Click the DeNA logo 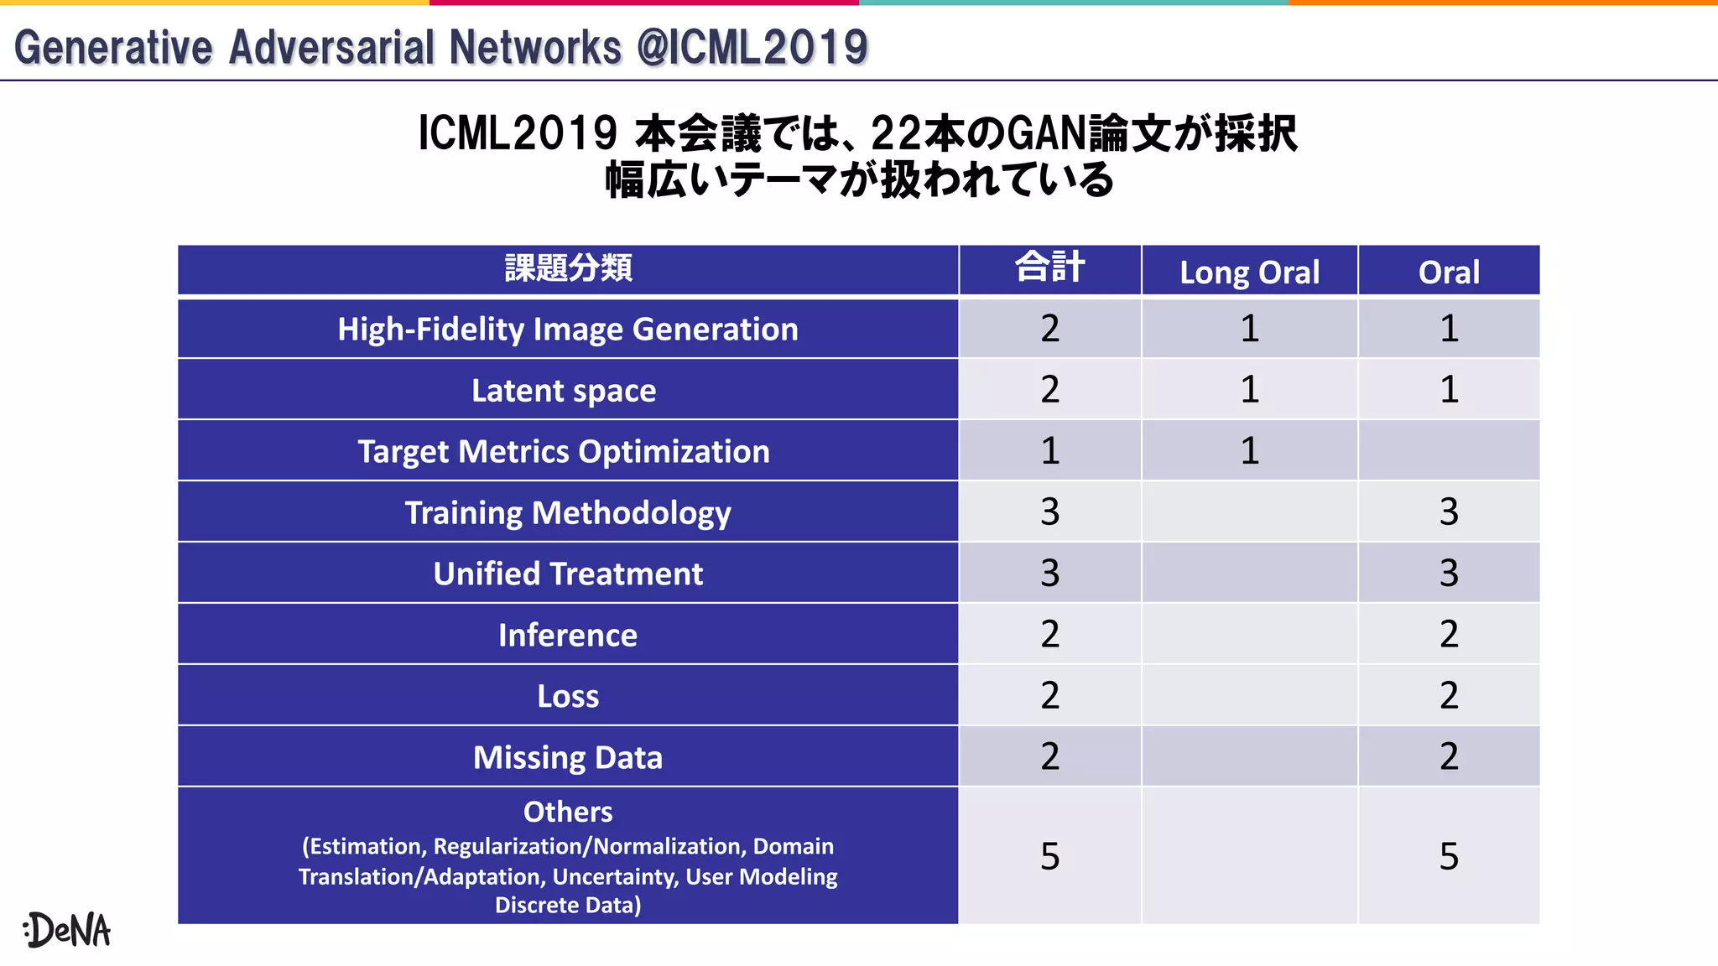pos(67,930)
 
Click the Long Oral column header pos(1249,273)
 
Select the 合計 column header pos(1049,268)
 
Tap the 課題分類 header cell pos(568,268)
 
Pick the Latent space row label pos(564,391)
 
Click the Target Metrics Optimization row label pos(564,452)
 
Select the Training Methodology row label pos(568,513)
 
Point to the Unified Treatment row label pos(568,574)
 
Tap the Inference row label pos(568,636)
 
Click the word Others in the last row pos(568,812)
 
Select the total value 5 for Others pos(1049,856)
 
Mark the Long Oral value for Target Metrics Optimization pos(1249,451)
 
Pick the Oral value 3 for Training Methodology pos(1449,512)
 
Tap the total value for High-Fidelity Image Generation pos(1049,329)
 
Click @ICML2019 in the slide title pos(752,47)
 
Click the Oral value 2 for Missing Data pos(1449,756)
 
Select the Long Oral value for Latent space pos(1249,390)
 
